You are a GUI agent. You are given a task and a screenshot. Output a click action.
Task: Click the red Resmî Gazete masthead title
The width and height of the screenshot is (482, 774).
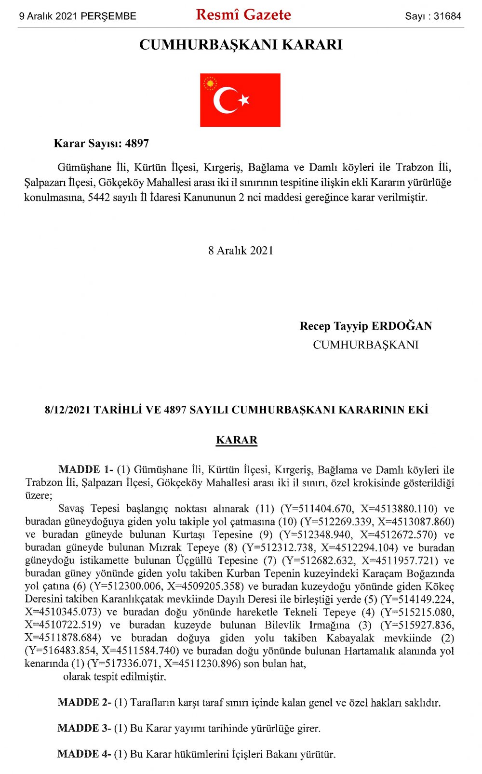coord(243,15)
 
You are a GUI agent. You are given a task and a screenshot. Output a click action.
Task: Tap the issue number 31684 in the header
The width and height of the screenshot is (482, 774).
coord(447,16)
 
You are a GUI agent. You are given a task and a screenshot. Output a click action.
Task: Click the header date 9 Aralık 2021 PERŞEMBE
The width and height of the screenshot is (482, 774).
coord(78,16)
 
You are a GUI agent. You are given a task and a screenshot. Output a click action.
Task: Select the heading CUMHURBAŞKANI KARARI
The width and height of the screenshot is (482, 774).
coord(241,45)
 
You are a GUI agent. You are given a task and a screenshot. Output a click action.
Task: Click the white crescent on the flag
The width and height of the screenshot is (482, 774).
coord(223,100)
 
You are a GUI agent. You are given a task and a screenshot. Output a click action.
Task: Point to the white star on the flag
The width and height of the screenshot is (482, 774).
coord(244,100)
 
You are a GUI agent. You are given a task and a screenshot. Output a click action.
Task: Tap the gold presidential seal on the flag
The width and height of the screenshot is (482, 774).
coord(210,84)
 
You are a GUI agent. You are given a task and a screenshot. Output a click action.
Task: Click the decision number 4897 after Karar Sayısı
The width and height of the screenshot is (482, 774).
coord(137,144)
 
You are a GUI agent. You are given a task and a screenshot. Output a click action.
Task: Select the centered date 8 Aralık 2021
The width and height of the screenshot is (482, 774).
coord(241,251)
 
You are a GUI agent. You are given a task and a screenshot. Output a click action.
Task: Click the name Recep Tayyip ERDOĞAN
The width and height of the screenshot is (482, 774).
coord(365,326)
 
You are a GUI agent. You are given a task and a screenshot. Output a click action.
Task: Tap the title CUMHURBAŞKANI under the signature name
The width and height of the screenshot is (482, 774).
coord(365,345)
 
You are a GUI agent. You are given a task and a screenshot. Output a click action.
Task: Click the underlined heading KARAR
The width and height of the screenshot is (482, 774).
coord(237,440)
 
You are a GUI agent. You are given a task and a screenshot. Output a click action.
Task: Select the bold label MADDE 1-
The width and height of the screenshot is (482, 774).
coord(86,469)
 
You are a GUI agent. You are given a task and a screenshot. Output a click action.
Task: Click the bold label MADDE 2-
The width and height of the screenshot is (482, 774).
coord(84,702)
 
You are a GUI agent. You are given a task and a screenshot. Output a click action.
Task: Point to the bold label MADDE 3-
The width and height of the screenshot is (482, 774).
coord(84,728)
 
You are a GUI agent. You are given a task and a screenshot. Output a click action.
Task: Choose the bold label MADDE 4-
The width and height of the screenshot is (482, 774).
coord(84,754)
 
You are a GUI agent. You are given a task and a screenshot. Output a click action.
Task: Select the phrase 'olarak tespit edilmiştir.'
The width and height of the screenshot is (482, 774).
coord(115,677)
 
